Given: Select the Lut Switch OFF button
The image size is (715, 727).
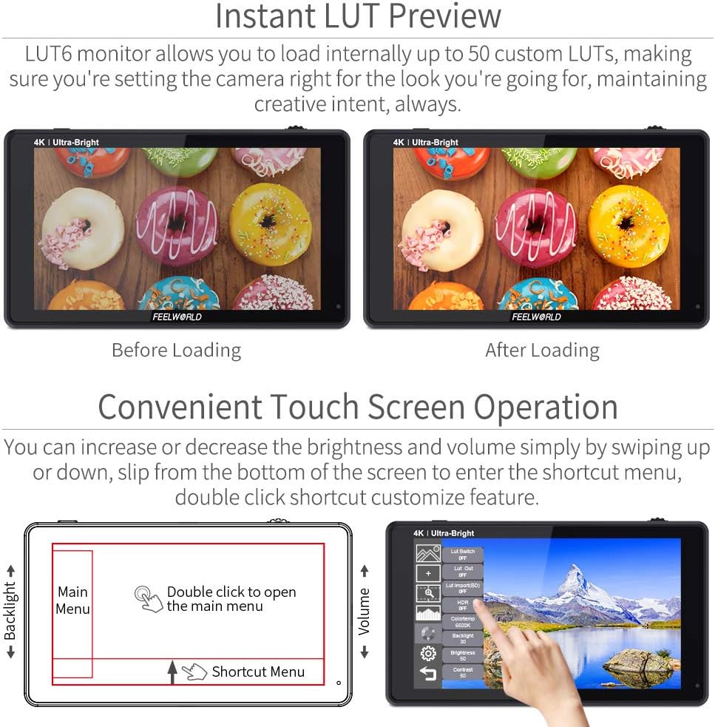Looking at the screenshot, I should coord(462,555).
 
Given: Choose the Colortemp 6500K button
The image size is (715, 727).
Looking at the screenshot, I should coord(462,622).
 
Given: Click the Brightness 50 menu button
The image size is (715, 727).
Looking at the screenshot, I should coord(462,655).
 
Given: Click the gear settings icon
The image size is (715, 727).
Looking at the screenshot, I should coord(427,653).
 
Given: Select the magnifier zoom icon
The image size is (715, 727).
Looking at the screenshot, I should coord(427,593).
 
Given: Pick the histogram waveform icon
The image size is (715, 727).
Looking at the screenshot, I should coord(427,613).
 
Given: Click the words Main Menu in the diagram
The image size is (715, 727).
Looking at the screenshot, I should coord(72,601).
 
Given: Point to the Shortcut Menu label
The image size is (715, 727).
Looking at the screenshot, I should coord(258,672).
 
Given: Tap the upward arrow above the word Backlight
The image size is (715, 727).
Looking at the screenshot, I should coord(11,570).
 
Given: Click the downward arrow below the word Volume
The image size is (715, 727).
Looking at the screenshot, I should coord(364,652).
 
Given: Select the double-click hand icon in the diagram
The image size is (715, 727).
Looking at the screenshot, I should coord(149,599).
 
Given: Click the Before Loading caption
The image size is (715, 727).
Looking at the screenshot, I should coord(176,350).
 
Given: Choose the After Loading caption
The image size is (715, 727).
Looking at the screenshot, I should coord(542,350).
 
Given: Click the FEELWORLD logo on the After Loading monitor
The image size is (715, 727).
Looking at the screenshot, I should coord(536,317).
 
